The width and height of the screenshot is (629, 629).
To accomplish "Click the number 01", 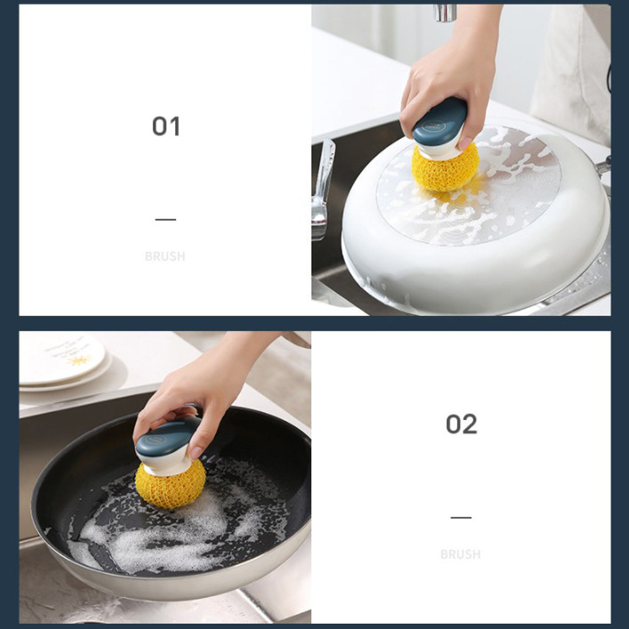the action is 166,126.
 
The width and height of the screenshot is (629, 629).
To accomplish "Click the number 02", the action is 461,424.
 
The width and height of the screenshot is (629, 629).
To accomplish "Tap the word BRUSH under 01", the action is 165,256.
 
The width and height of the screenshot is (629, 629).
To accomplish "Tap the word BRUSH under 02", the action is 461,554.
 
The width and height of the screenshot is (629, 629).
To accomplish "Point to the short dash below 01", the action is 166,220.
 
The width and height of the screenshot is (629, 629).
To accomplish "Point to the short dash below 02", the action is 461,517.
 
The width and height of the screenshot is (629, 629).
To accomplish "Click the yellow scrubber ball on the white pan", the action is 445,166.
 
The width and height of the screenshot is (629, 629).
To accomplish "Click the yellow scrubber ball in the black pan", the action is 170,485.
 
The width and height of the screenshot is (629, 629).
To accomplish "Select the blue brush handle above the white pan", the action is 440,122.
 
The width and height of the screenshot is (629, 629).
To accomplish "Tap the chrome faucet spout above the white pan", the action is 445,12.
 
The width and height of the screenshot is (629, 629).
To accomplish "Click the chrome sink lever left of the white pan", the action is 323,188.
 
